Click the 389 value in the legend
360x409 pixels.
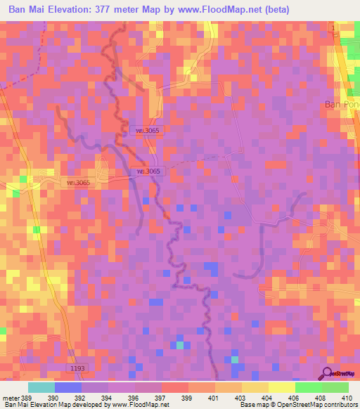26,397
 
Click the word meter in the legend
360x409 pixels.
10,397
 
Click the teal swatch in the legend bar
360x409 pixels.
41,387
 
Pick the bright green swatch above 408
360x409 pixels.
309,387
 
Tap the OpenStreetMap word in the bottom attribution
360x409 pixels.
304,405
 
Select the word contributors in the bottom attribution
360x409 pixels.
340,405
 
